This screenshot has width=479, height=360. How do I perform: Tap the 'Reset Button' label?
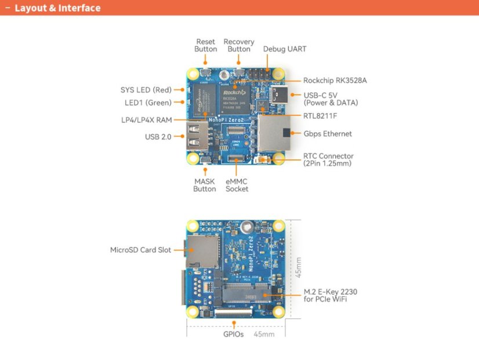point(205,46)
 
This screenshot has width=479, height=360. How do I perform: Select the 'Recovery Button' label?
point(239,46)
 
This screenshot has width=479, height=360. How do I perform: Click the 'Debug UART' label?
point(284,49)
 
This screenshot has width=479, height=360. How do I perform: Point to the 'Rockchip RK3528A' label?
point(335,81)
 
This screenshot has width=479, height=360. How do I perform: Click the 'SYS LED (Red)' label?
point(146,90)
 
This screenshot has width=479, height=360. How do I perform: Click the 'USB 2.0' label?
point(158,137)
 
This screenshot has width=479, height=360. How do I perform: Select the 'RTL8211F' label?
point(320,116)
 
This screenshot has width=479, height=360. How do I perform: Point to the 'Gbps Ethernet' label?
point(328,134)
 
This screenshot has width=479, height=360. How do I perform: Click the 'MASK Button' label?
point(204,185)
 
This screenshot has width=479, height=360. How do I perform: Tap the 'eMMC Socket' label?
point(237,185)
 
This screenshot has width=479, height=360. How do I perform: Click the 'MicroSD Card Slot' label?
point(140,250)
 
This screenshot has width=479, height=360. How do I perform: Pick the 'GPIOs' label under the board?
point(233,334)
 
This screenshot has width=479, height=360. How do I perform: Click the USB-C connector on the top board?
point(278,94)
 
